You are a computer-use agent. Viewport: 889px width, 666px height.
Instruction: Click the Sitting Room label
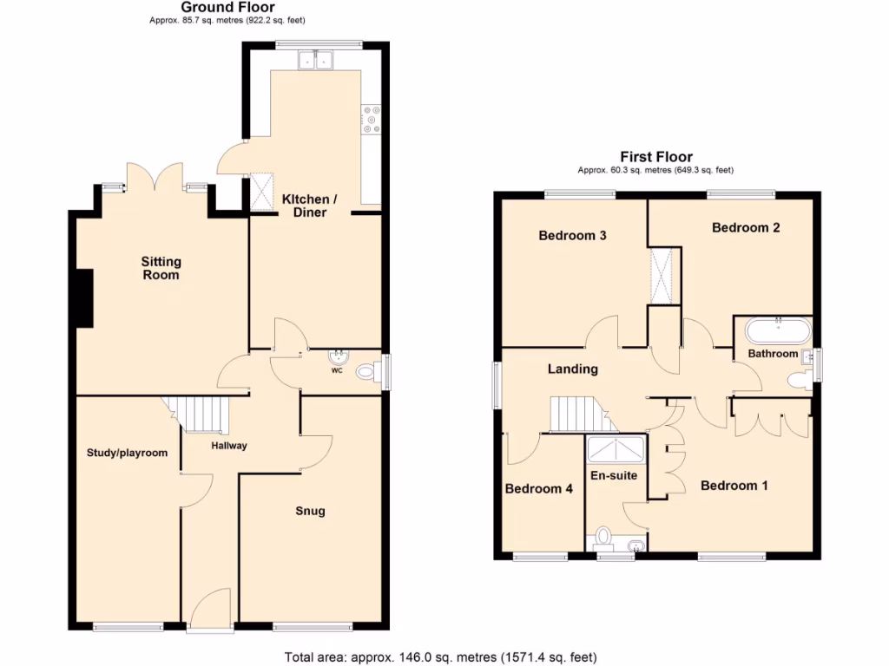coord(161,268)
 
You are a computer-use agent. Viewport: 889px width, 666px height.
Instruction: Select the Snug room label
coord(310,511)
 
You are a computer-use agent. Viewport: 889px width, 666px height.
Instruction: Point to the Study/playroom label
coord(127,452)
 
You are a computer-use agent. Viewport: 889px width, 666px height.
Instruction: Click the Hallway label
coord(229,446)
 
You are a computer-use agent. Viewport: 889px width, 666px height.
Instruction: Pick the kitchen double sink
coord(317,60)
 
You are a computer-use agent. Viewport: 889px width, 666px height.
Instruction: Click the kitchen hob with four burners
coord(373,119)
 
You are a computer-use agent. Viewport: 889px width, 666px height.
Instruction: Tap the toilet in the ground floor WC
coord(370,373)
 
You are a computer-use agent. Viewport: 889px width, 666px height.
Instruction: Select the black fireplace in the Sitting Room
coord(83,298)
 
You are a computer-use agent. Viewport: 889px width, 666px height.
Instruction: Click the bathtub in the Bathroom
coord(779,330)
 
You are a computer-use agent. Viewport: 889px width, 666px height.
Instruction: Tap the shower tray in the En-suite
coord(616,450)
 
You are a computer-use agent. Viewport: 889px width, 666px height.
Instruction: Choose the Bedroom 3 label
coord(572,236)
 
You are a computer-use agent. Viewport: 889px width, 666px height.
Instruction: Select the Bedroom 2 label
coord(746,227)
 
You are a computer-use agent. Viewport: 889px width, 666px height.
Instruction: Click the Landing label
coord(572,369)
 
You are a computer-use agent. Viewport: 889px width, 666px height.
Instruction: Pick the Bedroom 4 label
coord(538,488)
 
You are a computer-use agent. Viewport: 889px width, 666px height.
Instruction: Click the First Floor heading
coord(656,157)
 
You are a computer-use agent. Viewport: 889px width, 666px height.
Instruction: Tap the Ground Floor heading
coord(227,7)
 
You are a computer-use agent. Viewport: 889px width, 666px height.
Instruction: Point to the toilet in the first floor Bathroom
coord(795,380)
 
